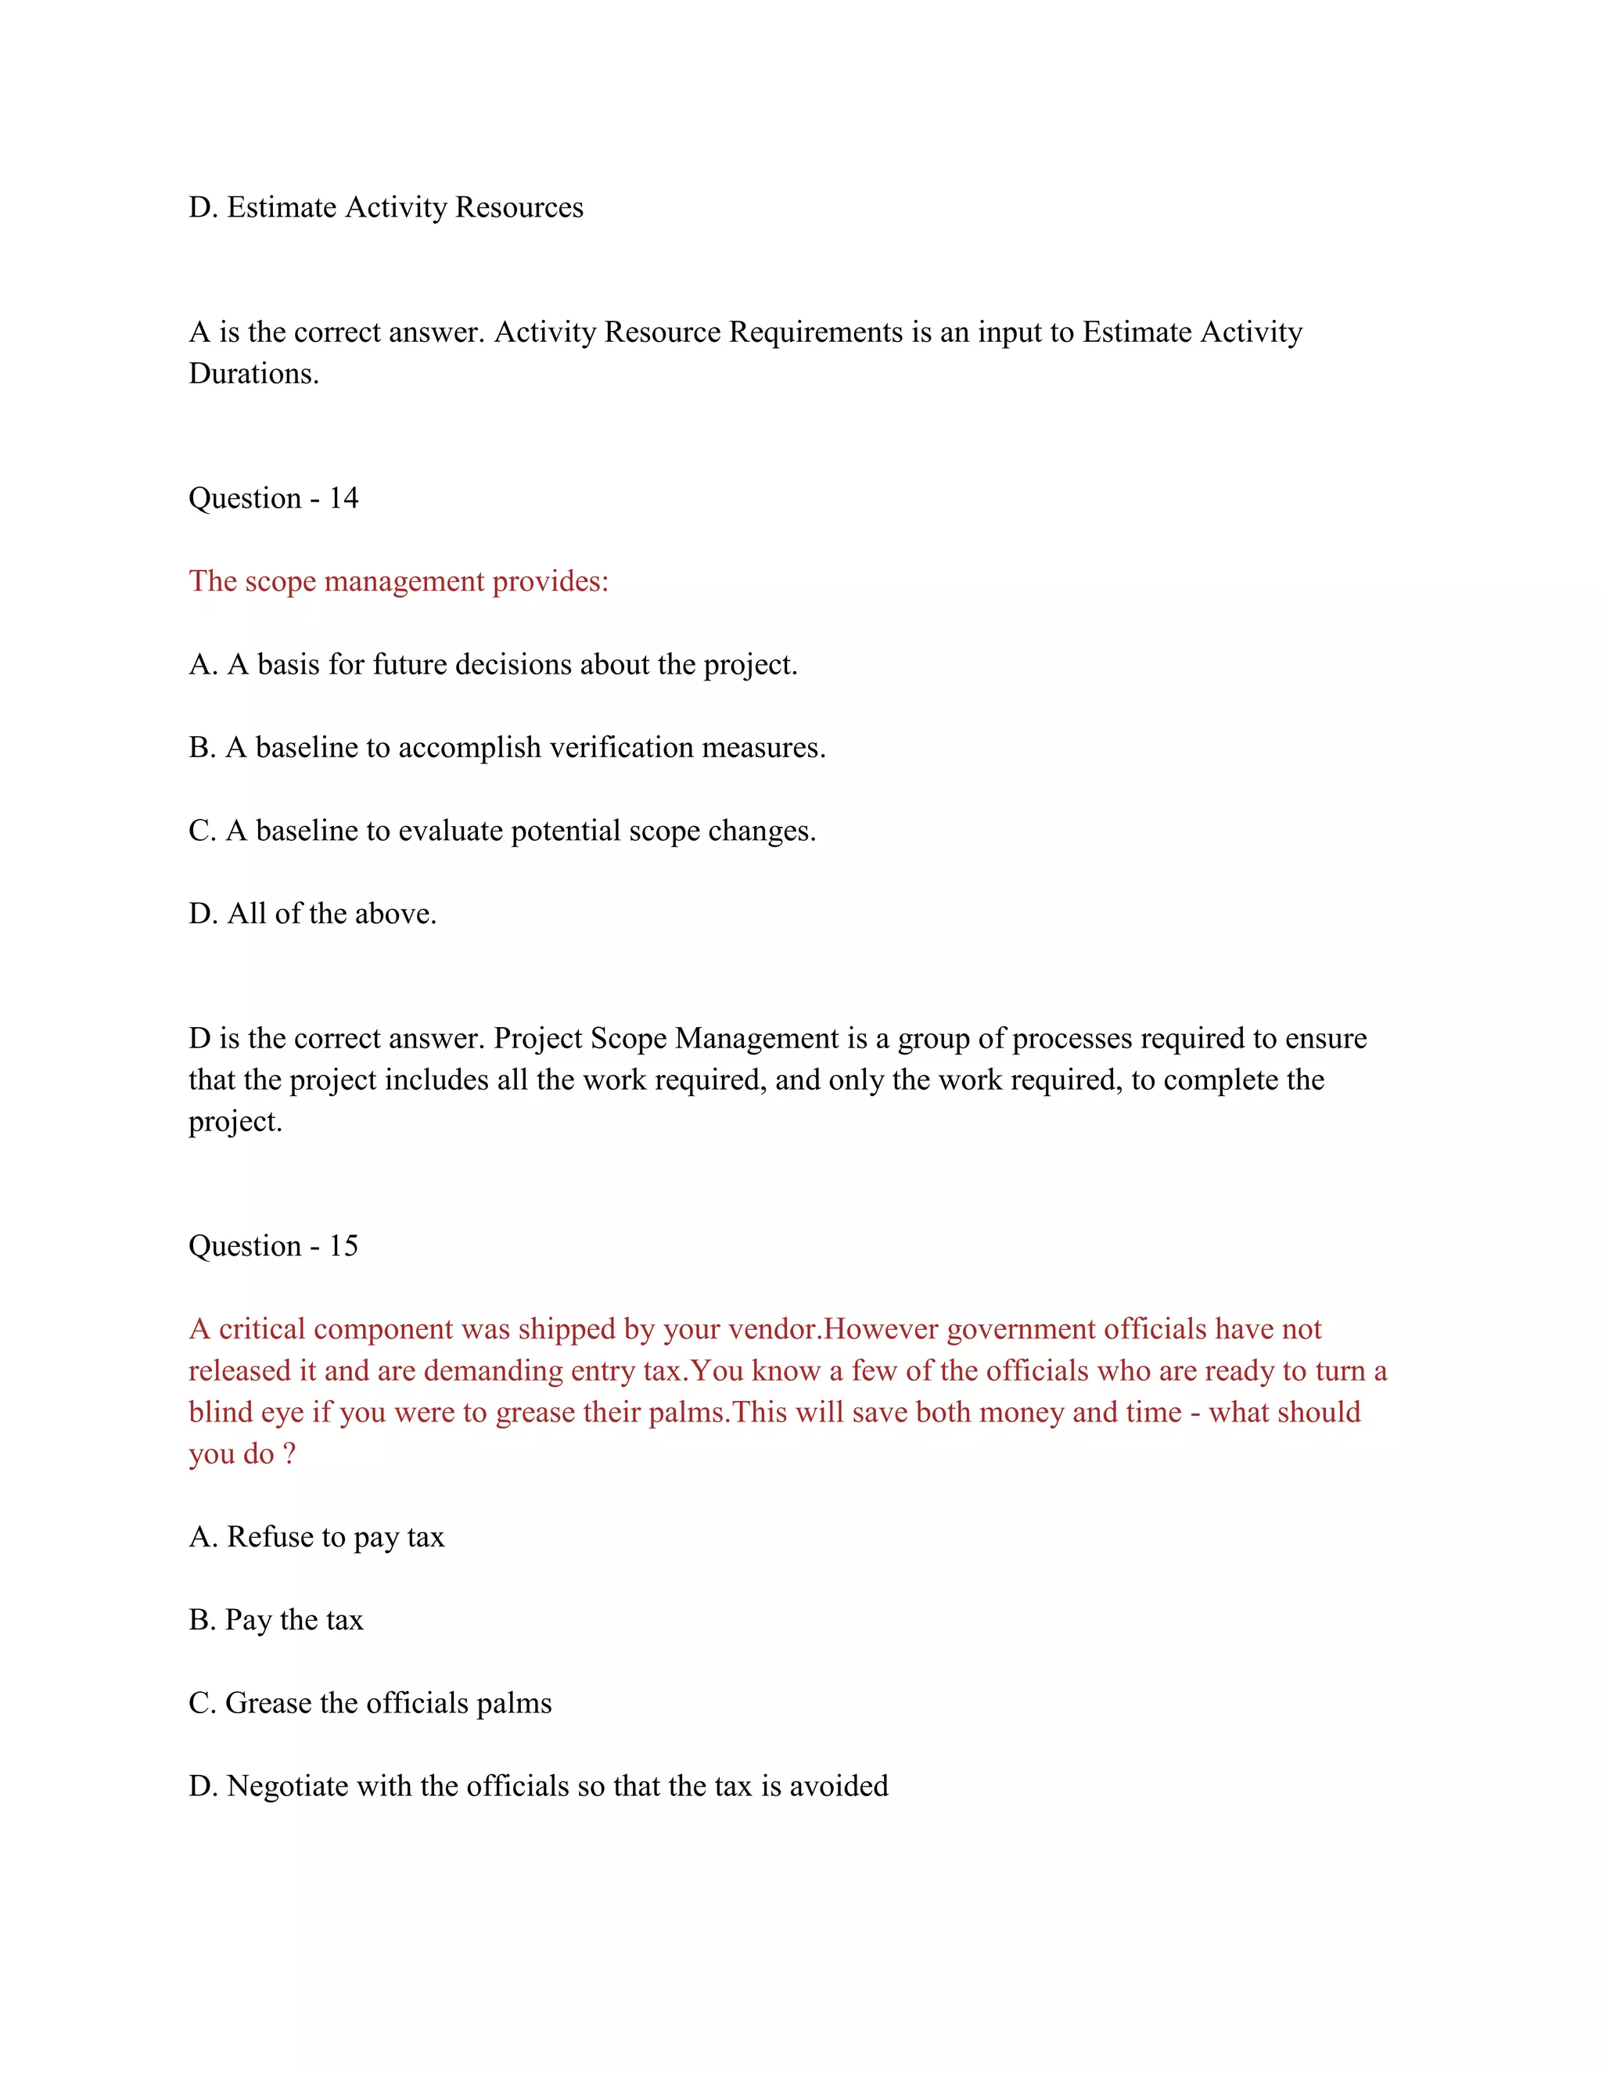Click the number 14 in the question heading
pyautogui.click(x=343, y=498)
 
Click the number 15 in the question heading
pyautogui.click(x=343, y=1246)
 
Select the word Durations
pyautogui.click(x=253, y=374)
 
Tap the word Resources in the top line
pyautogui.click(x=519, y=208)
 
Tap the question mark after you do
pyautogui.click(x=289, y=1454)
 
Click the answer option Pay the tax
pyautogui.click(x=293, y=1620)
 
